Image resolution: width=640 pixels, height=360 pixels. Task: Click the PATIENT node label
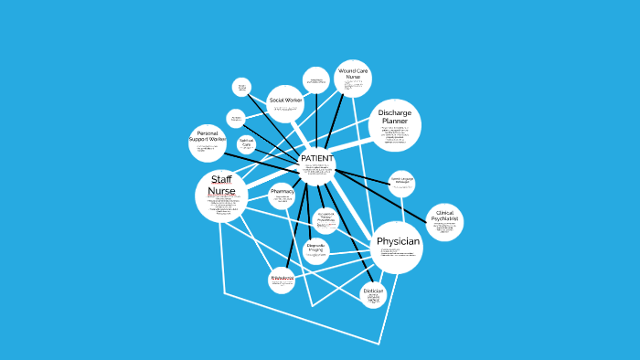(x=316, y=158)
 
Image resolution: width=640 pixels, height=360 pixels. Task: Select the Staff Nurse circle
(x=221, y=195)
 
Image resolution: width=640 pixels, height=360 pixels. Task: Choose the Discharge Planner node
(x=395, y=127)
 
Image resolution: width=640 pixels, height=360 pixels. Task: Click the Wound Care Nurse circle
(x=352, y=78)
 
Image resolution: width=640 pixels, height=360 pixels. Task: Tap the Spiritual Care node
(x=246, y=144)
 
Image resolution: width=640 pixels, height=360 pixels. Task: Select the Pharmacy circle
(x=282, y=194)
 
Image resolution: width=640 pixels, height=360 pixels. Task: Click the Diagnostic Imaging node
(x=315, y=250)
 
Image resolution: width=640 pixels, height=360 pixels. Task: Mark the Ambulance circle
(x=282, y=280)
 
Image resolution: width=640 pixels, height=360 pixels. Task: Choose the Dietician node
(x=372, y=294)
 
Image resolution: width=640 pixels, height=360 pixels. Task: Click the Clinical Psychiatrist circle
(x=444, y=222)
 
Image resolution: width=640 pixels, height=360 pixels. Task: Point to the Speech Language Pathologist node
(x=401, y=183)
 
